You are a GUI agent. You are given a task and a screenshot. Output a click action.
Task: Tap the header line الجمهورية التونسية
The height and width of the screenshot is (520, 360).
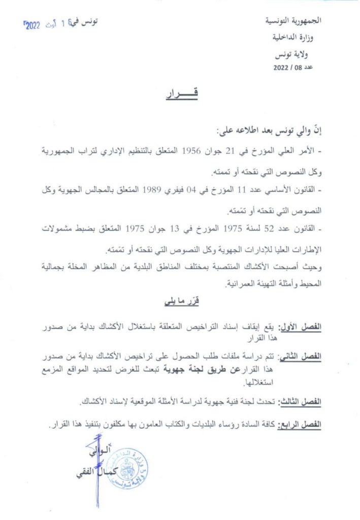297,22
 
